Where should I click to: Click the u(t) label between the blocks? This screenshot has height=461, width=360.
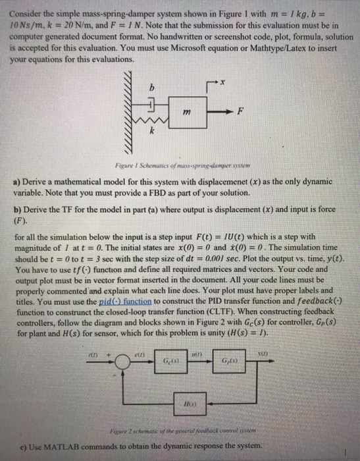[197, 354]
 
